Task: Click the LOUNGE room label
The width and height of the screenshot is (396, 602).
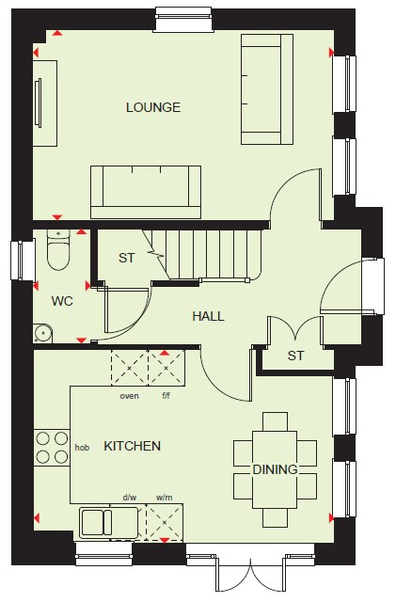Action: pos(153,107)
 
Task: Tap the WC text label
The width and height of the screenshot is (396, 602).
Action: pos(62,301)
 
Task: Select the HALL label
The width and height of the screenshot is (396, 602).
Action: pos(208,316)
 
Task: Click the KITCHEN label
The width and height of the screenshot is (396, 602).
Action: pos(132,446)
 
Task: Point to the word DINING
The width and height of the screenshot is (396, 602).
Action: pos(275,469)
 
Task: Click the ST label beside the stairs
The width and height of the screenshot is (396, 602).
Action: pos(127,258)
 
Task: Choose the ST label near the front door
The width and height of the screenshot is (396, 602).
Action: pos(295,356)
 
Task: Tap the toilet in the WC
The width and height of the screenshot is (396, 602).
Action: pos(58,249)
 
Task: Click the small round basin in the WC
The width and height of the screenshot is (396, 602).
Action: pos(42,333)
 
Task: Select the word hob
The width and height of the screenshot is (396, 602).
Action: pos(82,448)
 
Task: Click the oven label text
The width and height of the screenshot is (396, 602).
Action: pos(129,396)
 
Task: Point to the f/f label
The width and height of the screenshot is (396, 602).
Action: pos(166,395)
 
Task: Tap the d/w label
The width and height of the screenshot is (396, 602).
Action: pos(130,498)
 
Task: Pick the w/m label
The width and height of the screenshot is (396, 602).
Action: pos(164,498)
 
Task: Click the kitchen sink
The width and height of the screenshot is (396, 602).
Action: pos(109,522)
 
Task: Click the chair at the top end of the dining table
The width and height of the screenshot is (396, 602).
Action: pos(275,421)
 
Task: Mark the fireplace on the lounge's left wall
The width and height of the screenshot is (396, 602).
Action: pos(45,103)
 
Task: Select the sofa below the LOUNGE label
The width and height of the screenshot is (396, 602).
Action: pos(146,192)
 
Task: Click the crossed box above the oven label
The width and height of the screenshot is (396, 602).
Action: pos(130,368)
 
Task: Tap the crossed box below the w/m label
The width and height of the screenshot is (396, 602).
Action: pos(165,522)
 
